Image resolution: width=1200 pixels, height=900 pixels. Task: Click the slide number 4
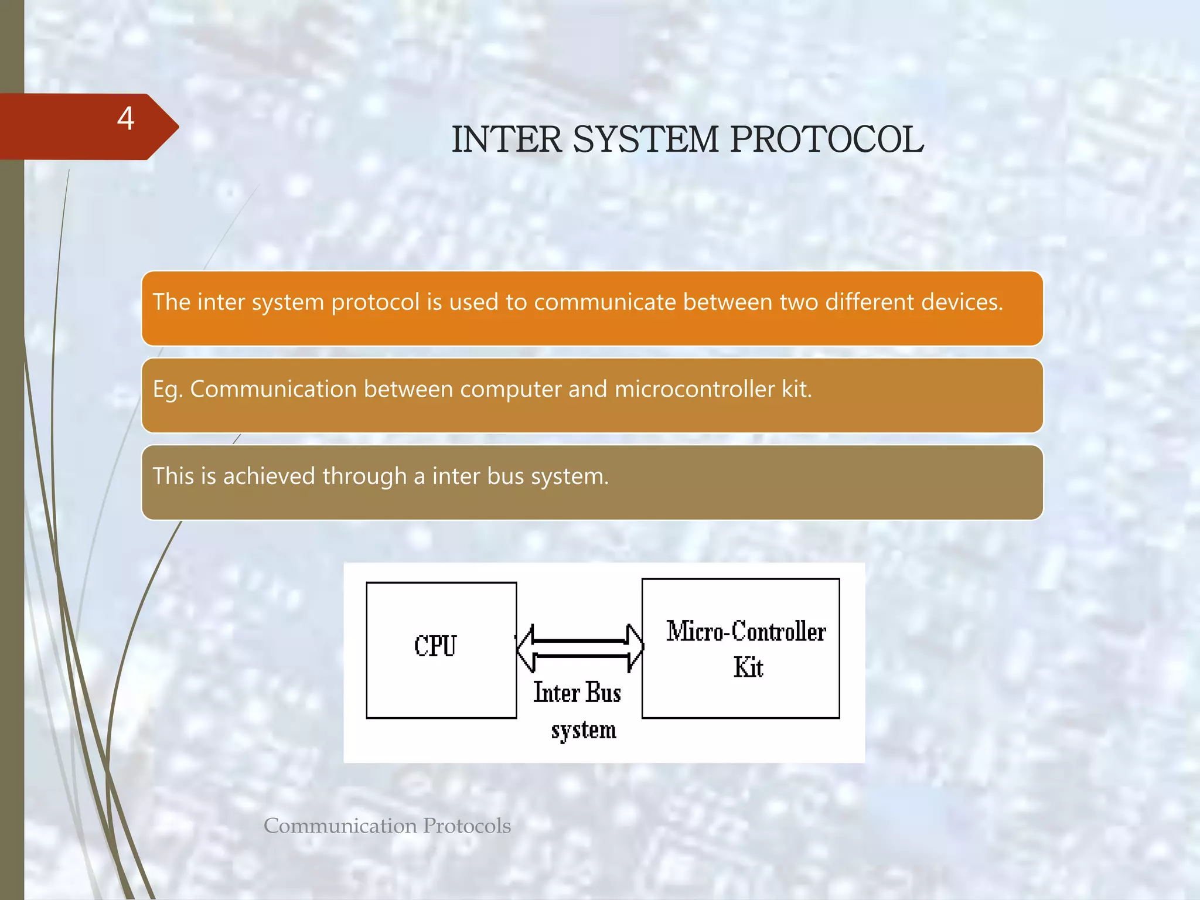[125, 119]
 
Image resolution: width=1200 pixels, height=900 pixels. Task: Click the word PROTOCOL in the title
[827, 140]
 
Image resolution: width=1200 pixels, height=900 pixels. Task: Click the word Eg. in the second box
[168, 390]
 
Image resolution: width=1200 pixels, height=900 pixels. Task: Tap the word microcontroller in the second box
[695, 389]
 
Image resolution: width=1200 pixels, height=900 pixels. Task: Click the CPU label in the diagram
[435, 646]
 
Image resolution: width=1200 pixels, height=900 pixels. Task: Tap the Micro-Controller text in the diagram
[746, 632]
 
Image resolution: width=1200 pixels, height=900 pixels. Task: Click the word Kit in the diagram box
[748, 667]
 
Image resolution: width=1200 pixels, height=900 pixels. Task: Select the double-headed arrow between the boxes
[580, 648]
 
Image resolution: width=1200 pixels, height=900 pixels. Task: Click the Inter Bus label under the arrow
[577, 693]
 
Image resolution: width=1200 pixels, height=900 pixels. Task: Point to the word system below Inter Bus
[584, 730]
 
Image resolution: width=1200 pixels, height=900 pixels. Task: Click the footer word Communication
[340, 826]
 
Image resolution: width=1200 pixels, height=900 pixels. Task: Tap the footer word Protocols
[467, 826]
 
